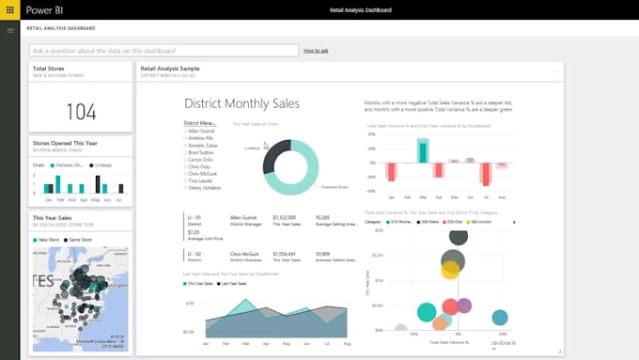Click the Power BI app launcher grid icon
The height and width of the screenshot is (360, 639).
click(x=9, y=9)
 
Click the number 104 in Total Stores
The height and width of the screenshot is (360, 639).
click(x=81, y=112)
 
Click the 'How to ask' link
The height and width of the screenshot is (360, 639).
click(x=316, y=50)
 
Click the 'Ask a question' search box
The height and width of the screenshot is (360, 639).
click(x=164, y=50)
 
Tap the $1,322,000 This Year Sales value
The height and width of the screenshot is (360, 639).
click(x=286, y=217)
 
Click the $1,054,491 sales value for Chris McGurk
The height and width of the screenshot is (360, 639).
click(x=286, y=254)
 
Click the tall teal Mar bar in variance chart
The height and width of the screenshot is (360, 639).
click(x=423, y=150)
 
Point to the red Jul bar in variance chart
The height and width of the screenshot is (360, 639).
click(x=486, y=174)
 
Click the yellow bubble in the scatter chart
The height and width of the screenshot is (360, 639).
click(x=451, y=269)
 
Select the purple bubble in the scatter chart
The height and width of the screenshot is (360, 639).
click(x=464, y=305)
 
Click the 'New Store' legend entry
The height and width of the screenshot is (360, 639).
click(x=49, y=240)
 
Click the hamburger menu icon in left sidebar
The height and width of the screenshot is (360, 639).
click(x=10, y=30)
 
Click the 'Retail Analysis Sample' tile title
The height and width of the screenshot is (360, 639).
click(x=170, y=69)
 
